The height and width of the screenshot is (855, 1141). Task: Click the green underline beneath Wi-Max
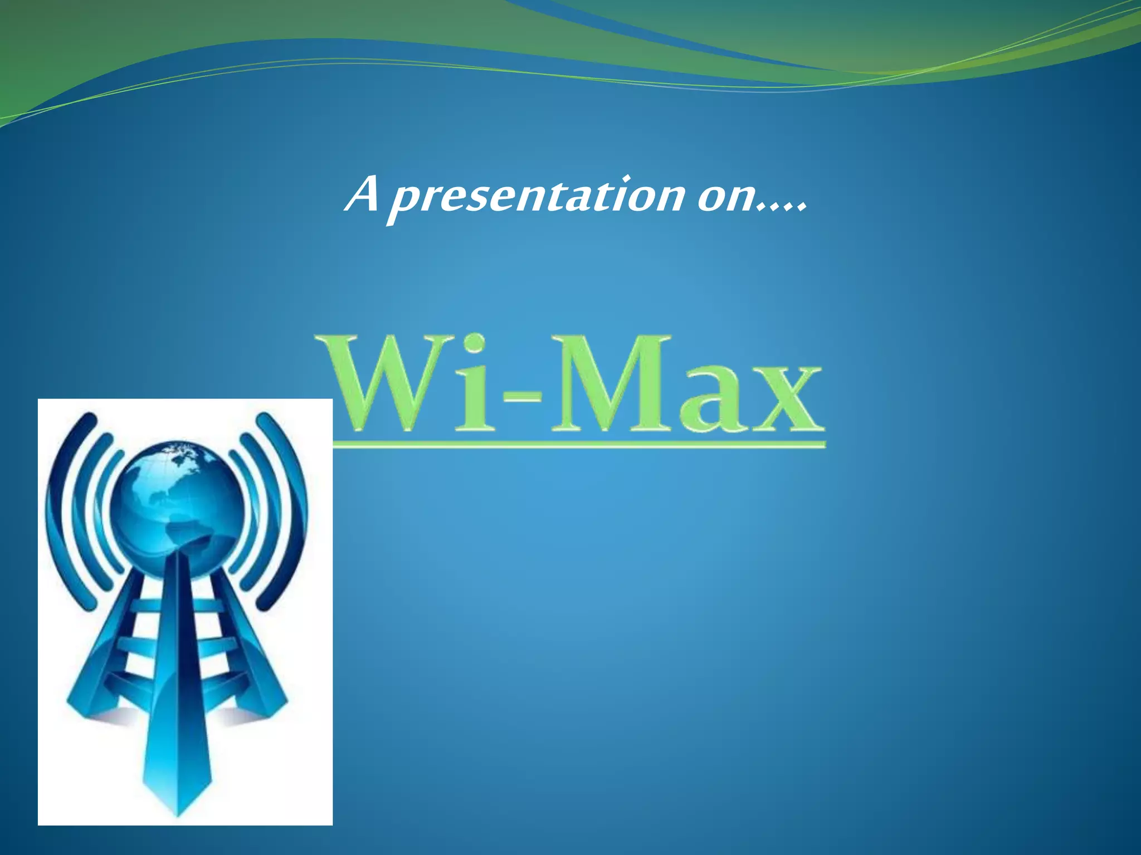(579, 444)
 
